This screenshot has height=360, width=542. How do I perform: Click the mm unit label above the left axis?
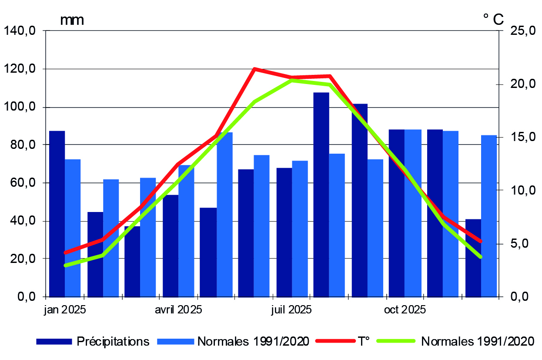pos(72,20)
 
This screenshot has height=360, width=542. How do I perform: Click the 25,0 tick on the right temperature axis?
pos(519,31)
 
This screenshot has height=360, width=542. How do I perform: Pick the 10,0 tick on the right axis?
pos(519,191)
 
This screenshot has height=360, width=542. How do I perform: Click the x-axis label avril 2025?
pos(178,310)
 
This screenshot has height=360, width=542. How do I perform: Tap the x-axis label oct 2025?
pos(405,310)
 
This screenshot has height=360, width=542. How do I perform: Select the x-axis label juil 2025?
pos(291,310)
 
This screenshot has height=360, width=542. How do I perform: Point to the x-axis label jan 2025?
pos(65,310)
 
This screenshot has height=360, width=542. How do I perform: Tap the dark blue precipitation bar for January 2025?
pos(57,213)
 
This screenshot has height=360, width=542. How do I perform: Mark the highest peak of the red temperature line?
pos(254,69)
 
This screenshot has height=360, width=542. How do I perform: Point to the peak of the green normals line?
pos(291,81)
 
